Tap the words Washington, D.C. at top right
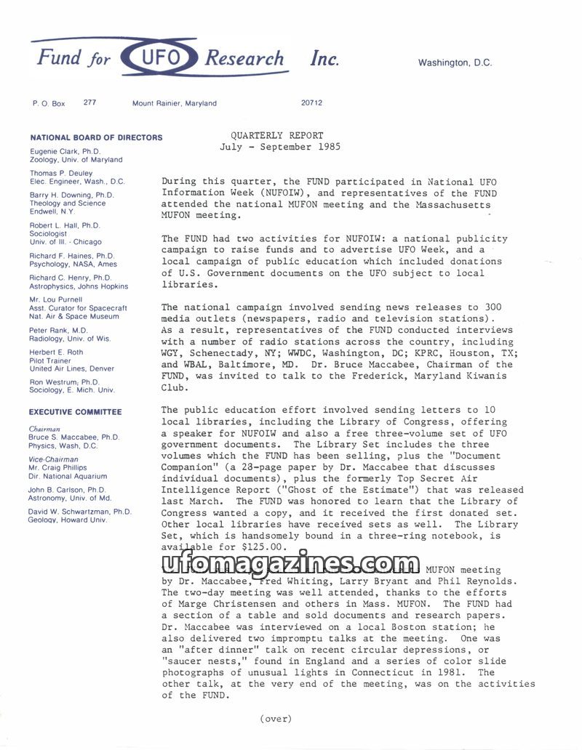455,62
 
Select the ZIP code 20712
311,102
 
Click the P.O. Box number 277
89,102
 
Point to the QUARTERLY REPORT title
277,135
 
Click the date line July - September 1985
280,147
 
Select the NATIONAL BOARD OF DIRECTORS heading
96,137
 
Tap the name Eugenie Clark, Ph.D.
65,151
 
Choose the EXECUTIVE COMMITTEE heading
76,412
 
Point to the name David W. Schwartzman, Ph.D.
81,512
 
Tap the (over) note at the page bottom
275,719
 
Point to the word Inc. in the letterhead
324,60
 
